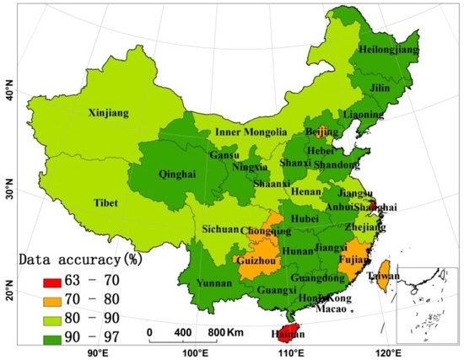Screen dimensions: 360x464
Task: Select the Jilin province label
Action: [x=384, y=88]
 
